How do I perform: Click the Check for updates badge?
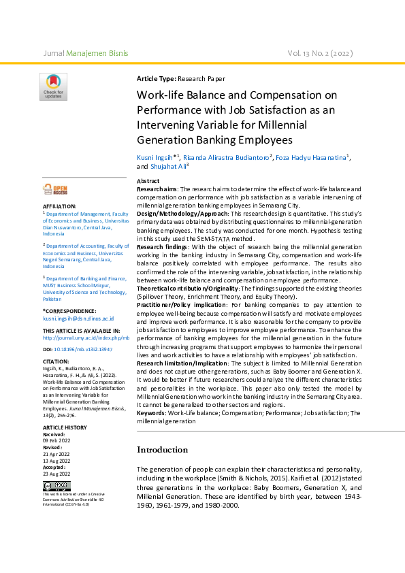tap(53, 87)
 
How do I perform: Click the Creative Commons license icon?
tap(56, 486)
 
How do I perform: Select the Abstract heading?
tap(148, 180)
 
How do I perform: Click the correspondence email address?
tap(78, 318)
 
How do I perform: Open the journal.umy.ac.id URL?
tap(86, 338)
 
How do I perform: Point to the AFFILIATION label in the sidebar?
tap(59, 206)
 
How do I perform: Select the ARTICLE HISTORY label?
tap(65, 427)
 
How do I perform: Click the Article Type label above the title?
tap(157, 79)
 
